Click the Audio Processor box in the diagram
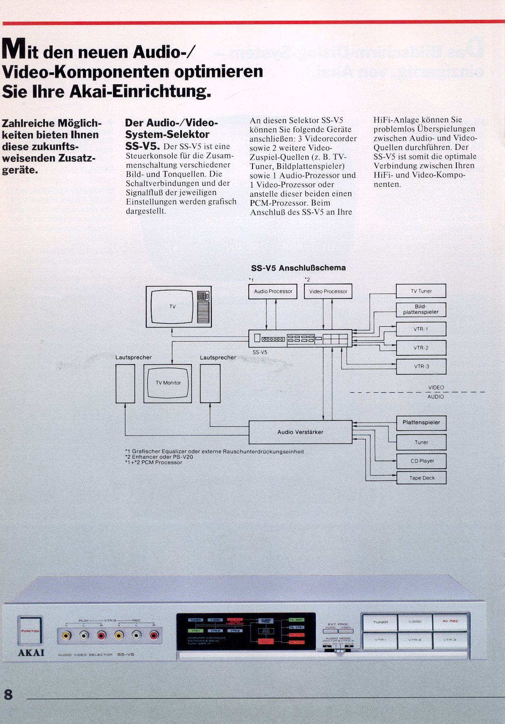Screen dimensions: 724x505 tap(273, 291)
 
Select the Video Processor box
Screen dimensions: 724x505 tap(328, 291)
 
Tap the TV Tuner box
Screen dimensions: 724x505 tap(421, 291)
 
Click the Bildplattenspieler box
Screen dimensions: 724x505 tap(421, 309)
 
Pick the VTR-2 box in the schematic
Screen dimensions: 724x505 tap(421, 348)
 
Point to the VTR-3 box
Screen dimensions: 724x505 tap(421, 367)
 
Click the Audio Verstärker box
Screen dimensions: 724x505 tap(300, 432)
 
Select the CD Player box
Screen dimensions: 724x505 tap(422, 461)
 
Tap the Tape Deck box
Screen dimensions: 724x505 tap(422, 478)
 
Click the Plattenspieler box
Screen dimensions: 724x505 tap(421, 423)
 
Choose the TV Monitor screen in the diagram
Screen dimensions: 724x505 tap(168, 383)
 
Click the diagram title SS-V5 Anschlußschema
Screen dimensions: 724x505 tap(298, 268)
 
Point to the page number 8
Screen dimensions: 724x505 tap(8, 694)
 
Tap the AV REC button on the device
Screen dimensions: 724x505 tap(450, 621)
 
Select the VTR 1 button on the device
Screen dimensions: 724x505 tap(380, 640)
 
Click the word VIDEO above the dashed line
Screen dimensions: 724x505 tap(436, 387)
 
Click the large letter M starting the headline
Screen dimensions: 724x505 tap(14, 49)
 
